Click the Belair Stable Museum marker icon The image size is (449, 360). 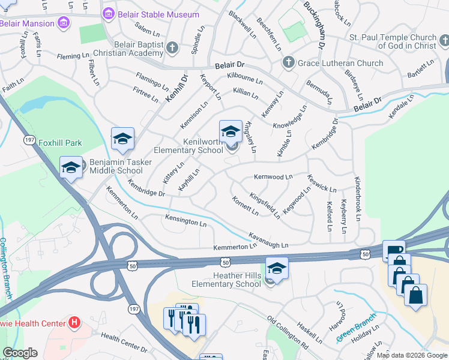click(x=109, y=14)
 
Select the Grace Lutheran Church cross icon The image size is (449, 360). click(x=288, y=63)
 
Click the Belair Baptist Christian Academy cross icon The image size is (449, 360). click(x=172, y=47)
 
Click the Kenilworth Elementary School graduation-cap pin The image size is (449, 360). click(x=231, y=131)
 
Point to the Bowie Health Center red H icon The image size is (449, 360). click(x=74, y=323)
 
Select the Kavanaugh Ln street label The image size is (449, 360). click(x=268, y=240)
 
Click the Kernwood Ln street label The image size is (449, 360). click(x=273, y=177)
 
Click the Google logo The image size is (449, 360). click(x=20, y=353)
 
